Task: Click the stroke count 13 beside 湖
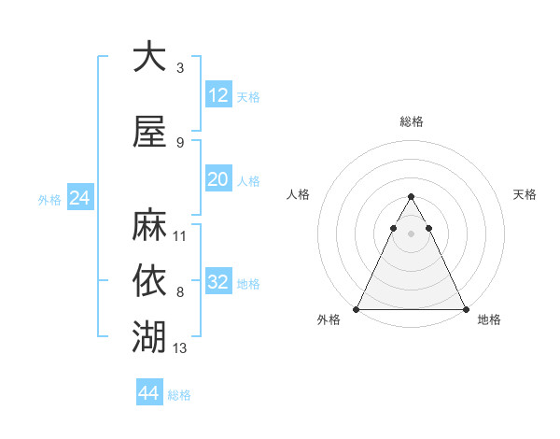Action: [x=181, y=348]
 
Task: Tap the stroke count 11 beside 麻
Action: [x=181, y=236]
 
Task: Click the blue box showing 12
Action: [x=218, y=95]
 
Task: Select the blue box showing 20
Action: [x=218, y=179]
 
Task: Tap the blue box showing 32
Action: [x=218, y=282]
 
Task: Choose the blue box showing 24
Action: [x=79, y=198]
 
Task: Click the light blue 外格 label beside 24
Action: [x=49, y=200]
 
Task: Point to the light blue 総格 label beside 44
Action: [x=179, y=395]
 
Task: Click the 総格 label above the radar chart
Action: [x=411, y=121]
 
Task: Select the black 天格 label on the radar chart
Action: [x=525, y=194]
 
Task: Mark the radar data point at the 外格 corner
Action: [x=357, y=309]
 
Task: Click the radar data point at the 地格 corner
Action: [x=465, y=309]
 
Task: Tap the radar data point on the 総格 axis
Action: [x=411, y=197]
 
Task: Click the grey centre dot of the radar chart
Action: [x=411, y=234]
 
